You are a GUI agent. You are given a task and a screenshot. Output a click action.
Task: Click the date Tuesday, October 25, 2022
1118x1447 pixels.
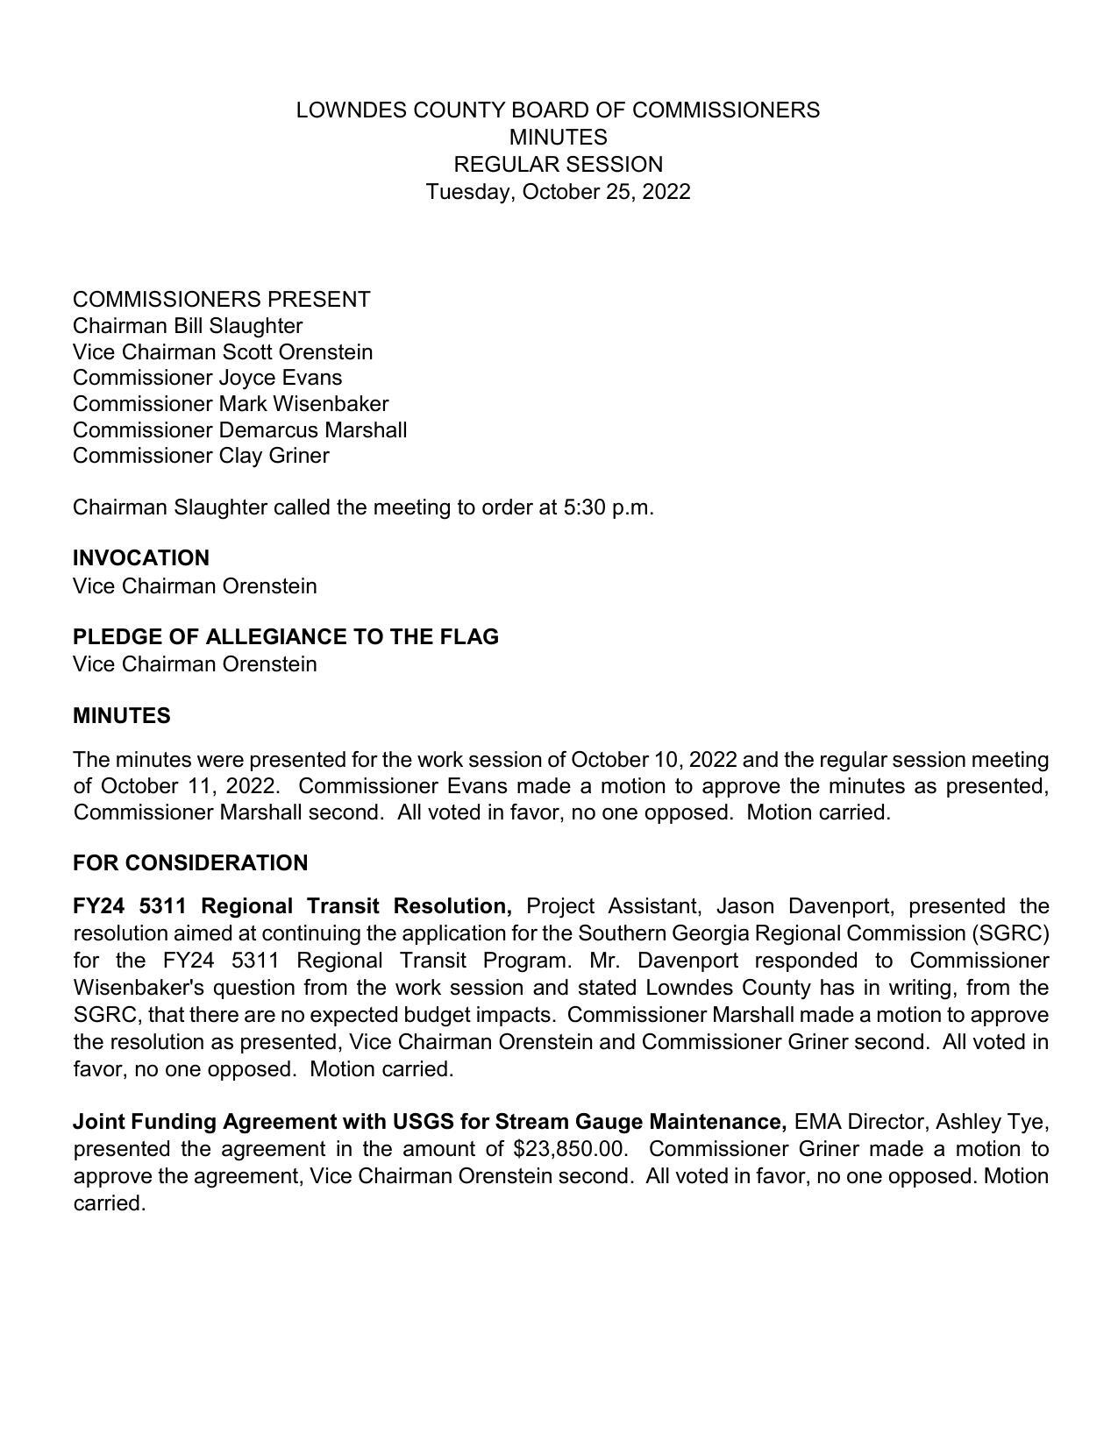(x=558, y=192)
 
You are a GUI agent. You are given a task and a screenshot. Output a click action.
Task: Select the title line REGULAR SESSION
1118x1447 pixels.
(x=558, y=165)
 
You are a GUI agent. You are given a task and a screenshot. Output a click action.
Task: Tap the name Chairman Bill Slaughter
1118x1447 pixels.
(x=188, y=326)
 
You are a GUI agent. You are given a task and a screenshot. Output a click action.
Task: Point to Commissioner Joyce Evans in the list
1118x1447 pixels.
(x=207, y=378)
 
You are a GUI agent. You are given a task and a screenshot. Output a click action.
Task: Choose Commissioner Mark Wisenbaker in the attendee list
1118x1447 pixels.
(x=230, y=404)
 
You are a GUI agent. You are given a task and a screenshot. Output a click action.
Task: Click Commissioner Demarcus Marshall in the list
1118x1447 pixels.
(x=239, y=430)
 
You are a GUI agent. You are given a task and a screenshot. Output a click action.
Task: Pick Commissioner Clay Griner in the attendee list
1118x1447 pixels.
(x=201, y=456)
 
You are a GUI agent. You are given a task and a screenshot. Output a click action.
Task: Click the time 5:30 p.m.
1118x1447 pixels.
(x=609, y=507)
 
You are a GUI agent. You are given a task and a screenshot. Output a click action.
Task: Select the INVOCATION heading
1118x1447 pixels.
(x=141, y=558)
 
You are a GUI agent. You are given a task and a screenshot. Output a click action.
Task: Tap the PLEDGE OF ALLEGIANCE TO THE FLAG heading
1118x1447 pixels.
(x=286, y=637)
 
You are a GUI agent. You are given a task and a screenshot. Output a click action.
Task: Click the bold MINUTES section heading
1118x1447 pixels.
(x=122, y=716)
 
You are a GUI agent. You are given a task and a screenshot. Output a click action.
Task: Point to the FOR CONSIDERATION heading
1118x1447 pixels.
(x=190, y=863)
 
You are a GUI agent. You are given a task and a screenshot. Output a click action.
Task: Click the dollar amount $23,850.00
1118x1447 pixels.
(x=570, y=1149)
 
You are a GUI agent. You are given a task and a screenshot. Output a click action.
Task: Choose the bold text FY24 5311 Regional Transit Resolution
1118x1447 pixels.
(x=293, y=906)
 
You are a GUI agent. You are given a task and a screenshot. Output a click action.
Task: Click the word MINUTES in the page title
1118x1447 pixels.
(x=558, y=138)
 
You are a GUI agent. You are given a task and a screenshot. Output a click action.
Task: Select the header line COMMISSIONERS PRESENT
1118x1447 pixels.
(x=222, y=300)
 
